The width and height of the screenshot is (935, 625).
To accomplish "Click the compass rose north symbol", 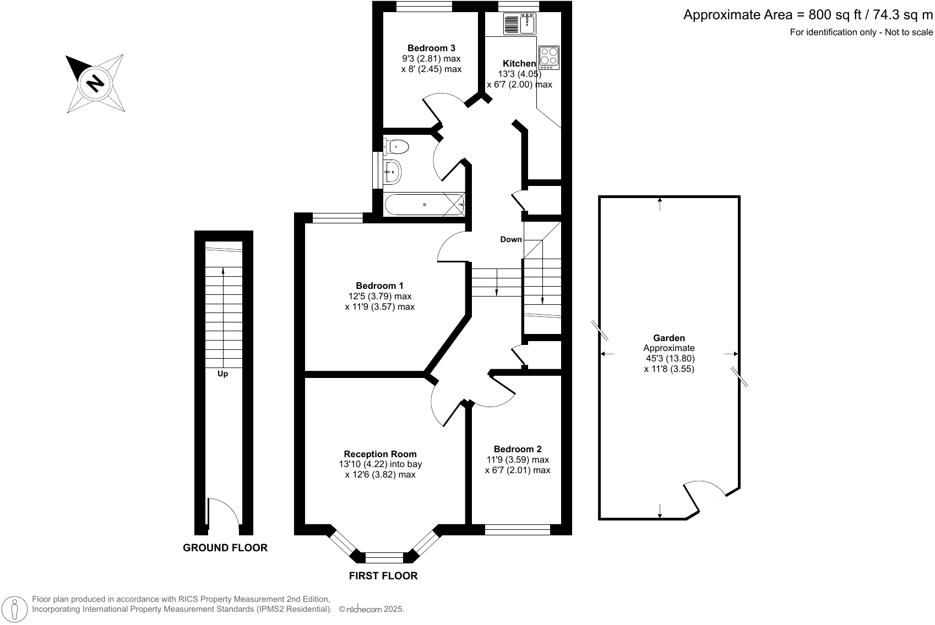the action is tap(95, 84).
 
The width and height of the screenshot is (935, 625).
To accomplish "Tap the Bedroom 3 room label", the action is tap(431, 48).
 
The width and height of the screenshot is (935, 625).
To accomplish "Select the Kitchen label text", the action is tap(519, 63).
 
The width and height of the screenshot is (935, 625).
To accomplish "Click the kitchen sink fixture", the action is tap(520, 24).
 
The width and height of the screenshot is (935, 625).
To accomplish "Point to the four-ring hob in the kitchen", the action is tap(549, 58).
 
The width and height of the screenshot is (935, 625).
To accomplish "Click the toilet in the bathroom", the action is tap(396, 147).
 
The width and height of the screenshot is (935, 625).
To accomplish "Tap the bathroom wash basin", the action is tap(393, 172).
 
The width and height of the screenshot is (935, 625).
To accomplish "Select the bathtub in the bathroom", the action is tap(425, 204).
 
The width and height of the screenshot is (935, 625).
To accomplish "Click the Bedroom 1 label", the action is tap(379, 286).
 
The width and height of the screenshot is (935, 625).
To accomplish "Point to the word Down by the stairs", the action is tap(511, 239).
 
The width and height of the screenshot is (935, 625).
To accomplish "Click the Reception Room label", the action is tap(380, 454).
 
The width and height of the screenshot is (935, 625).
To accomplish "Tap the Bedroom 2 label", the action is tap(518, 449).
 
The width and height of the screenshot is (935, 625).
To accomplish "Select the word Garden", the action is tap(669, 338).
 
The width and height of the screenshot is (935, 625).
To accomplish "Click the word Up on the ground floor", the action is tap(223, 374).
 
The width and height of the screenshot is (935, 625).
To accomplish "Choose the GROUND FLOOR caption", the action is tap(225, 548).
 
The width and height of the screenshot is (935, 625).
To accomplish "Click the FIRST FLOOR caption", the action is tap(383, 576).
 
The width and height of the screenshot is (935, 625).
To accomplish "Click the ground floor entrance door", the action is tap(223, 516).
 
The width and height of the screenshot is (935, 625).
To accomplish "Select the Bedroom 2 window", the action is tap(518, 529).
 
